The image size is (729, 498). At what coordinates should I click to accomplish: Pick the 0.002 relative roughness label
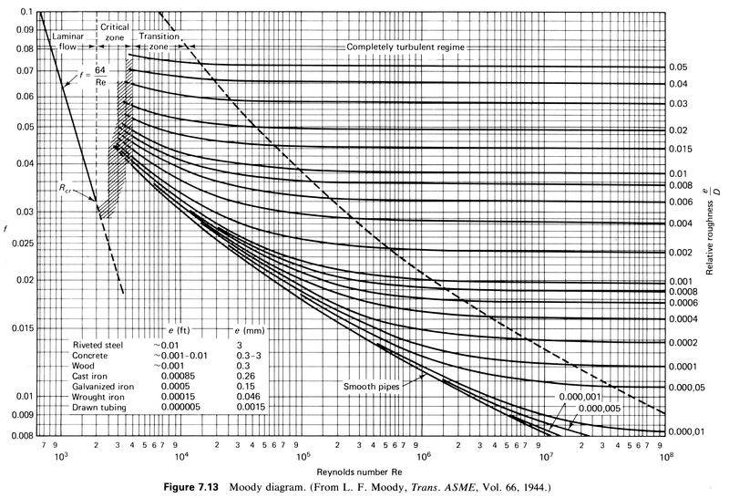coord(681,253)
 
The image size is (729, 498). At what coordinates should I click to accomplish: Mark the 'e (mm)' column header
coord(242,327)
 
